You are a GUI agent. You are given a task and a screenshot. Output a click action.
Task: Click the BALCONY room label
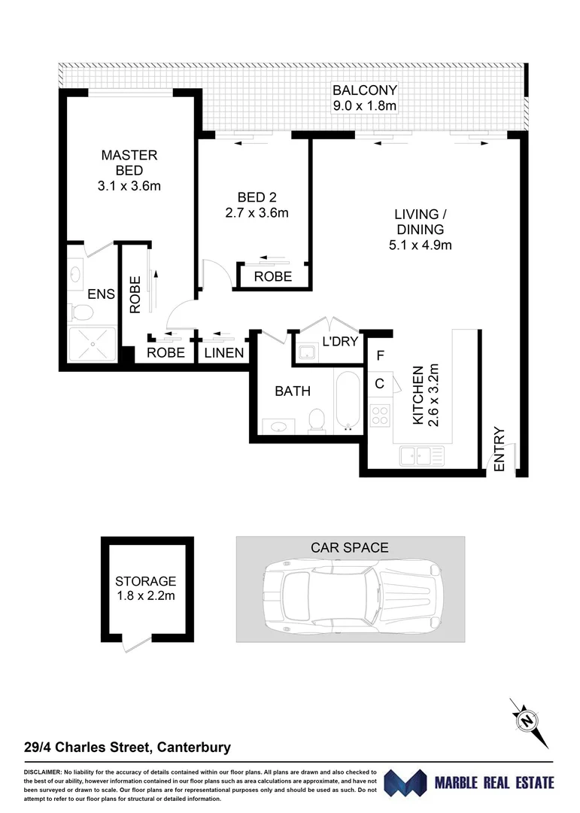click(364, 91)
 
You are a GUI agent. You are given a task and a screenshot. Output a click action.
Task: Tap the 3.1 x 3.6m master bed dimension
click(129, 185)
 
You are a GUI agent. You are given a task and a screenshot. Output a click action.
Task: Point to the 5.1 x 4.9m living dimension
click(420, 245)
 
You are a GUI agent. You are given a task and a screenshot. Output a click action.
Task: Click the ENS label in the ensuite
click(101, 294)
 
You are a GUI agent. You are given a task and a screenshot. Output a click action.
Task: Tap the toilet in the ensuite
click(79, 311)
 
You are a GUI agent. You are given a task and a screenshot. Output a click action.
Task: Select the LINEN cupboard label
click(224, 353)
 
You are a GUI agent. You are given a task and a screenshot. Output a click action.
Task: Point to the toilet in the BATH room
click(317, 419)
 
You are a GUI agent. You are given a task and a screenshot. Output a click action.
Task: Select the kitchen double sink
click(421, 455)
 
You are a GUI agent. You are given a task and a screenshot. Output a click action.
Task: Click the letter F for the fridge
click(380, 356)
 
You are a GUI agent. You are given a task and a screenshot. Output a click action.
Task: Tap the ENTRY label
click(500, 449)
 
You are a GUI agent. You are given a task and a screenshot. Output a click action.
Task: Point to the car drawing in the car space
click(350, 598)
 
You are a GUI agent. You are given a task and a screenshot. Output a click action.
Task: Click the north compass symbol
click(527, 719)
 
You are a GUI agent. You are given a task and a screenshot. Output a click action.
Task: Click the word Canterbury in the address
click(193, 748)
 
